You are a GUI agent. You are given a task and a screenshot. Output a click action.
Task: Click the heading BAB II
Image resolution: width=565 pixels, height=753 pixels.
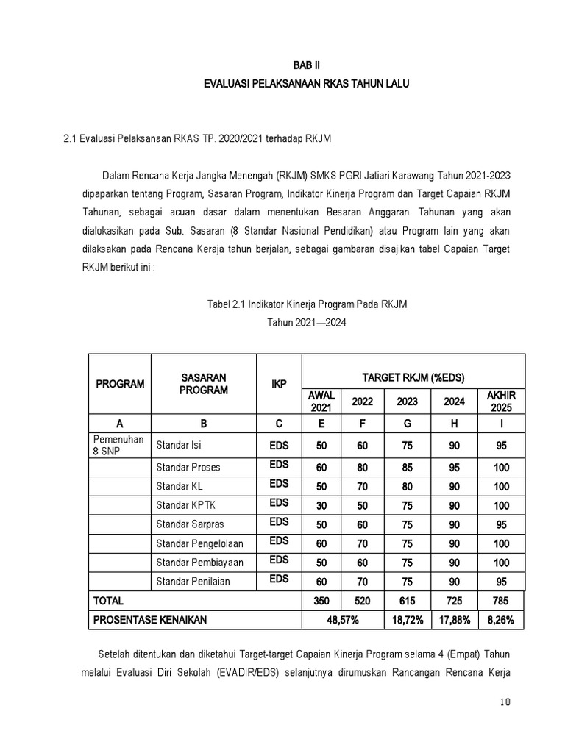click(x=305, y=65)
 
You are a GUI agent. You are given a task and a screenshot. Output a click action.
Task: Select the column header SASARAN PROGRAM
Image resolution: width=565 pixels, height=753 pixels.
click(x=202, y=384)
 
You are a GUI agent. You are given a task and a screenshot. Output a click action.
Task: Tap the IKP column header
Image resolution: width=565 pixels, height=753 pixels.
click(x=279, y=384)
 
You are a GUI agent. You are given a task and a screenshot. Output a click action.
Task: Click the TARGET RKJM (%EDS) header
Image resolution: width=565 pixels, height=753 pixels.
click(x=413, y=377)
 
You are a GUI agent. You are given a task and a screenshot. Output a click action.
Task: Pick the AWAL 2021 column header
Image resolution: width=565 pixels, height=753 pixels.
click(x=321, y=402)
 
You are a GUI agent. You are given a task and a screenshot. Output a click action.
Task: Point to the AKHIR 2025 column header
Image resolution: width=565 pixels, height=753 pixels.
click(x=501, y=402)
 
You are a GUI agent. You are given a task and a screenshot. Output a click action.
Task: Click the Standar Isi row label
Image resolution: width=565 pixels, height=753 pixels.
click(x=177, y=445)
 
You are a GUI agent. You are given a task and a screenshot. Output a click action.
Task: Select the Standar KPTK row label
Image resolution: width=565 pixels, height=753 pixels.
click(x=180, y=504)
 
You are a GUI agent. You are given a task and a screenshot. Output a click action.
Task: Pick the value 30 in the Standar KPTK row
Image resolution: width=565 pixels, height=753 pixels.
click(x=321, y=505)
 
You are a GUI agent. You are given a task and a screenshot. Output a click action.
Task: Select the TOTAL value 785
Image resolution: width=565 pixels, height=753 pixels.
click(x=501, y=601)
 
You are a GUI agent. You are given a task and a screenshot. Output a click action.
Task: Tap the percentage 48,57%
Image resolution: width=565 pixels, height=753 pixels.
click(x=343, y=620)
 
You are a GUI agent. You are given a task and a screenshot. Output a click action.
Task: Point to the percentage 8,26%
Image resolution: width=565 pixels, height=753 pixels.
click(x=501, y=620)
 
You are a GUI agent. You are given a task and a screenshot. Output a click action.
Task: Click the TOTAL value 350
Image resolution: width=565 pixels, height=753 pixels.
click(x=321, y=601)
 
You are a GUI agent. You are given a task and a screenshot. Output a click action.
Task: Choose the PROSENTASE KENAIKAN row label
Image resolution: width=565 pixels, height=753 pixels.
click(x=150, y=620)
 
